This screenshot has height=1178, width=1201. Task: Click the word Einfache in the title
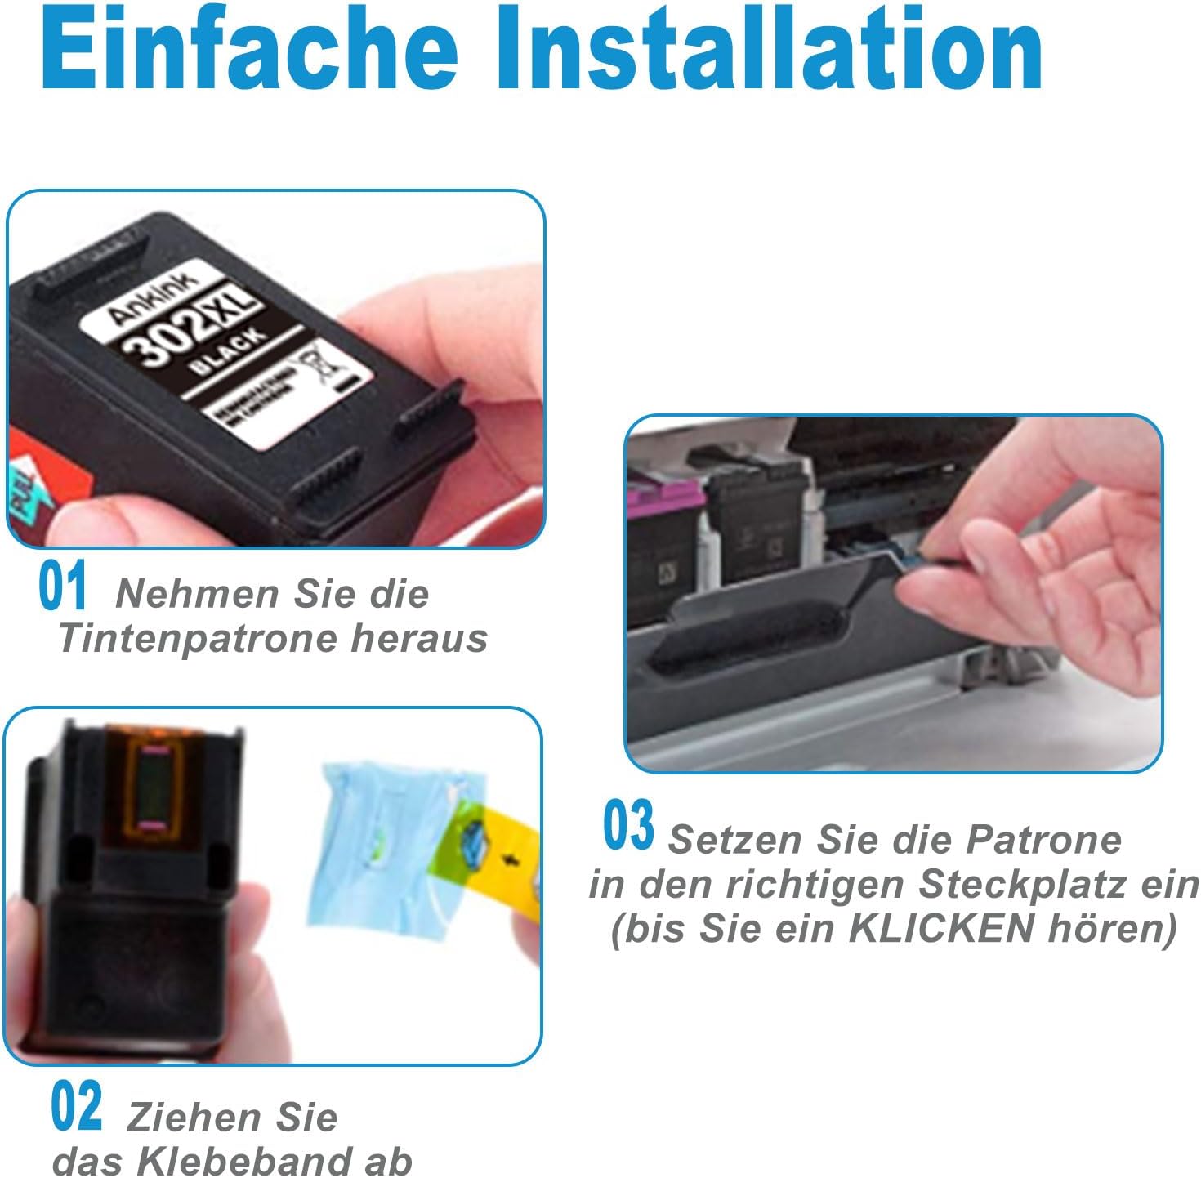pyautogui.click(x=249, y=51)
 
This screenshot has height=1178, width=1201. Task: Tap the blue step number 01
pyautogui.click(x=62, y=587)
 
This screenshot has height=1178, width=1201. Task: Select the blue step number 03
pyautogui.click(x=628, y=827)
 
